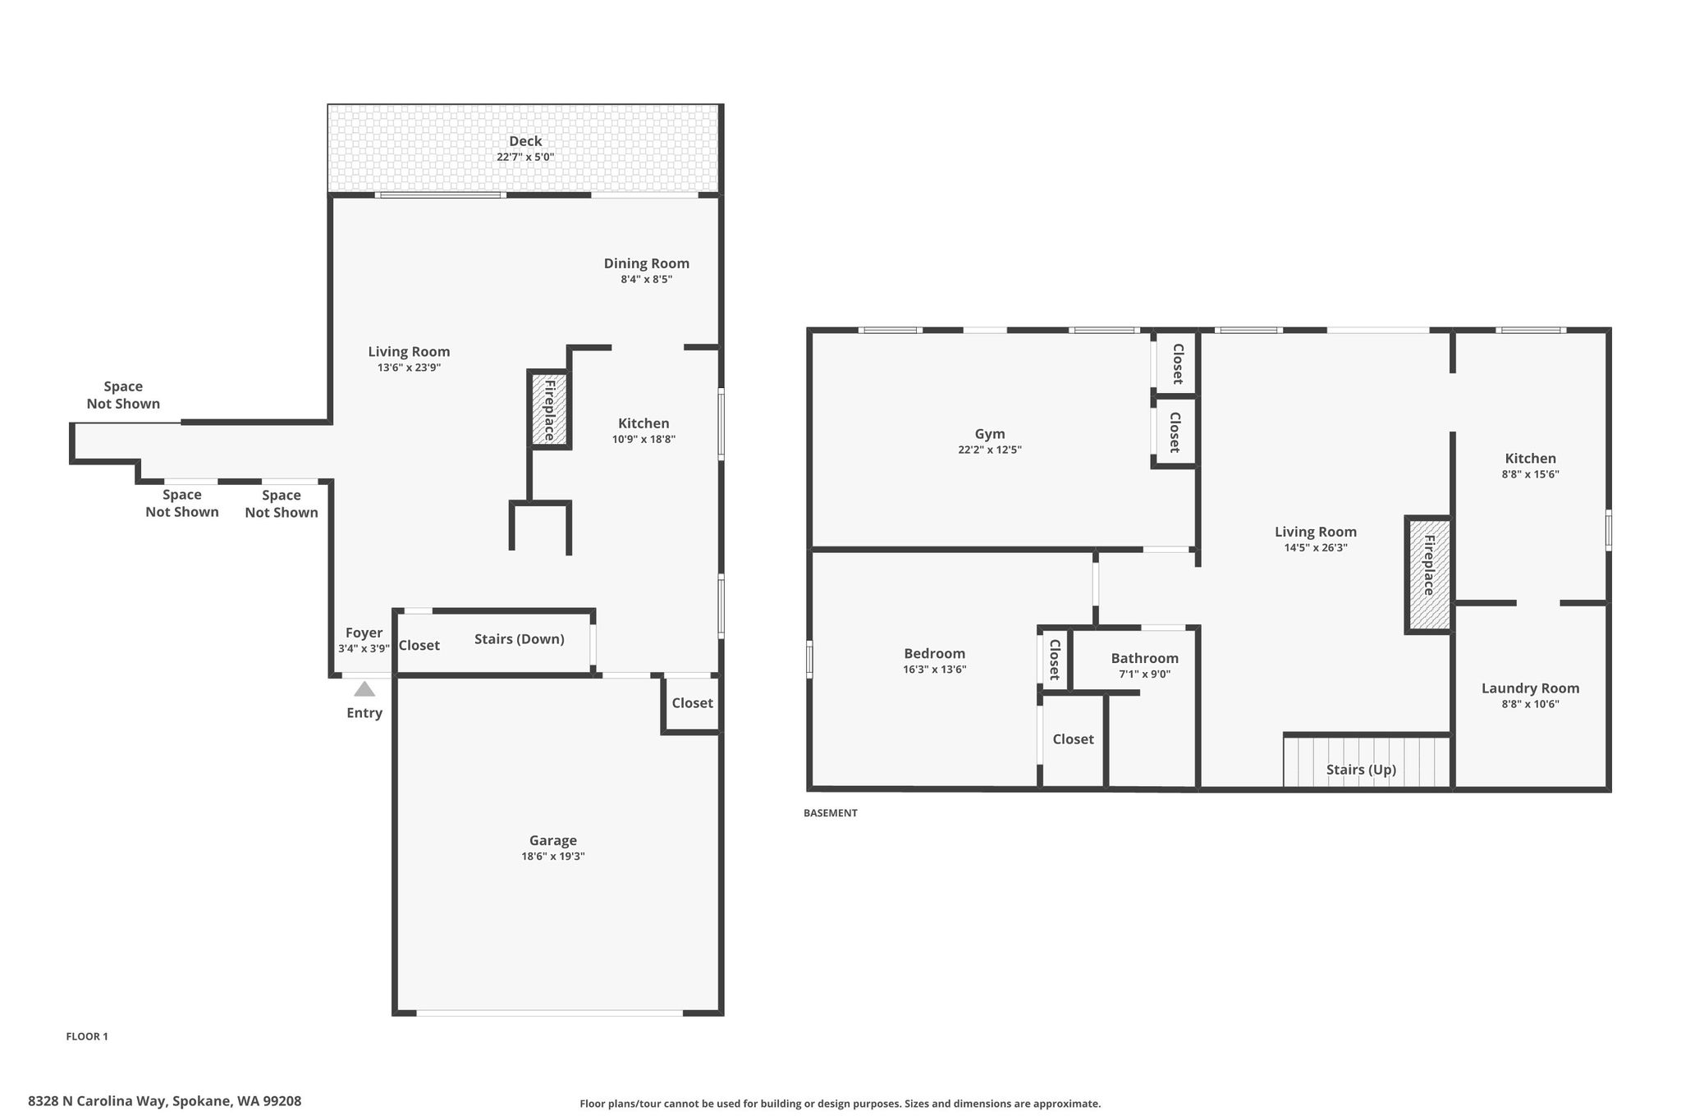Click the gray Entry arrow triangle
click(364, 689)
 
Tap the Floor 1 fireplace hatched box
click(549, 409)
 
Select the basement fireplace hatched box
click(1428, 574)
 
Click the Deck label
click(525, 141)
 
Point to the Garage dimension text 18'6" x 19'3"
click(553, 857)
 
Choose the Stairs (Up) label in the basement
click(1361, 770)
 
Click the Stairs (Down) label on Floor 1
click(520, 639)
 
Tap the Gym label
click(990, 434)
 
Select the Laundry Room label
click(1531, 688)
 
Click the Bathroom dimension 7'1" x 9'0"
click(1145, 674)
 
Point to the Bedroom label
click(935, 653)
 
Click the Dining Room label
click(647, 263)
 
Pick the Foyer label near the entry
click(364, 633)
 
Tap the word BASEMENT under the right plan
click(831, 813)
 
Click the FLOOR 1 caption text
click(87, 1036)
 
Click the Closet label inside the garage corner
click(693, 703)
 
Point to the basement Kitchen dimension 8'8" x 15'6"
click(1531, 474)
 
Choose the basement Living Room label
click(1316, 532)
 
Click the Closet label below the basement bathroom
click(1074, 739)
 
